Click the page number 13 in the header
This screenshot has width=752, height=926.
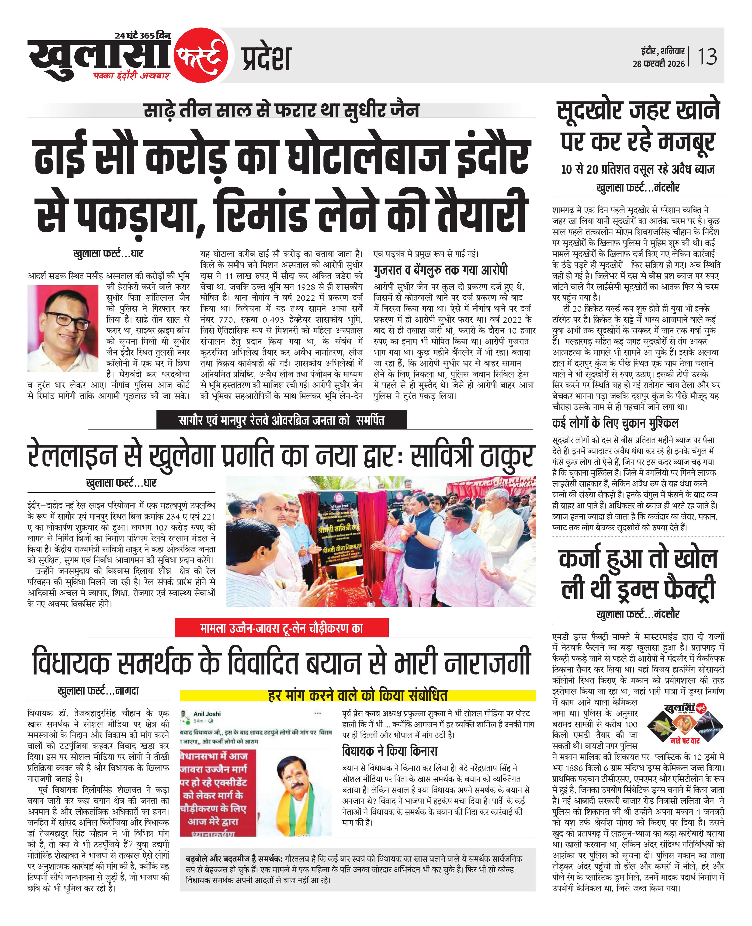[707, 57]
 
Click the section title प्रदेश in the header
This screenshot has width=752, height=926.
[266, 59]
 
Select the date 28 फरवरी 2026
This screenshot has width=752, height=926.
[658, 64]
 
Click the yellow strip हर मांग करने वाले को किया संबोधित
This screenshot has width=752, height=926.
[357, 695]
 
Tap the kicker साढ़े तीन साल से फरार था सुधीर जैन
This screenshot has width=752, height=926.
[282, 109]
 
